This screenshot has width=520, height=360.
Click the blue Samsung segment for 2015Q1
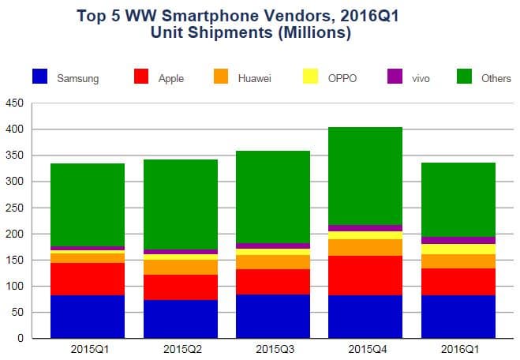tap(88, 317)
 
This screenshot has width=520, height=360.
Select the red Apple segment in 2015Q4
tap(365, 276)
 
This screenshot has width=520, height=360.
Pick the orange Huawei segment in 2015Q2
tap(181, 267)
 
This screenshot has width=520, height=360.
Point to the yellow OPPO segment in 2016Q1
tap(458, 249)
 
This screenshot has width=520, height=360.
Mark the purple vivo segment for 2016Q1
tap(458, 240)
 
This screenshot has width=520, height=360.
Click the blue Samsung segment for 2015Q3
tap(273, 316)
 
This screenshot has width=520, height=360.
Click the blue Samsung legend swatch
tap(40, 77)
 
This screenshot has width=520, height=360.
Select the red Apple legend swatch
tap(141, 77)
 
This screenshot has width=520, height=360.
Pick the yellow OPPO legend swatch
tap(310, 77)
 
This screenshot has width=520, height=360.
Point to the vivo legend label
tap(422, 77)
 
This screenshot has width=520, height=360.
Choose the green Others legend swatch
tap(466, 77)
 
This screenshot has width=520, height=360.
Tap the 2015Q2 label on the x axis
tap(181, 348)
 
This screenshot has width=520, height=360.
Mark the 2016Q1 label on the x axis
tap(458, 348)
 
